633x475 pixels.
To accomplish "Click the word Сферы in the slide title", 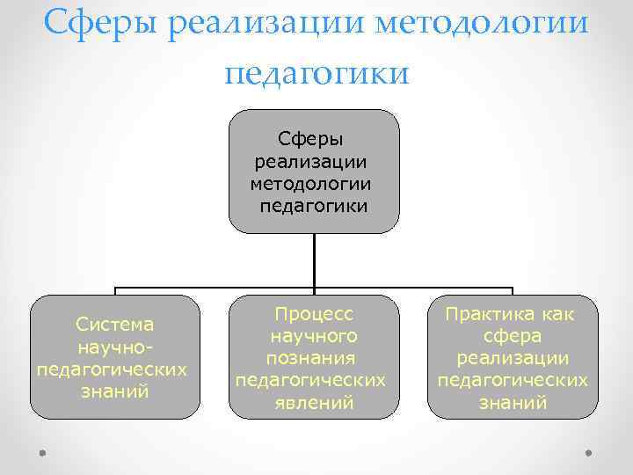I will point(99,22).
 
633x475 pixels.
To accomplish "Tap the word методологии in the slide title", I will point(481,22).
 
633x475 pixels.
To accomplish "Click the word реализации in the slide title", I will point(268,22).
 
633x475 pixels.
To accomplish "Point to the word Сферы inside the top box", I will point(314,139).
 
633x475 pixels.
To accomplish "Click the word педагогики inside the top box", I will point(314,207).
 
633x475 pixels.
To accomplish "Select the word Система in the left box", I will point(114,325).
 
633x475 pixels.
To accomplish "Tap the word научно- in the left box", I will point(114,347).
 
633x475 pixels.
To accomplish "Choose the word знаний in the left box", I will point(114,391).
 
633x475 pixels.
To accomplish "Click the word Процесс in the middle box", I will point(314,314).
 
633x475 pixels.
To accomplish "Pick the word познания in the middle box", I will point(314,358).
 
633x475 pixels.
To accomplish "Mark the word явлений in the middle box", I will point(314,403).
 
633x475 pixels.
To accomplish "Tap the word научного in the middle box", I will point(314,336).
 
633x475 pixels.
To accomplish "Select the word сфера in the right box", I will point(513,336).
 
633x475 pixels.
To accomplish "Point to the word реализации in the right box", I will point(513,358).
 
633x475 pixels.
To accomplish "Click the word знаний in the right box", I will point(513,403).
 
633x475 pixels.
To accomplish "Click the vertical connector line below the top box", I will point(314,259).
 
